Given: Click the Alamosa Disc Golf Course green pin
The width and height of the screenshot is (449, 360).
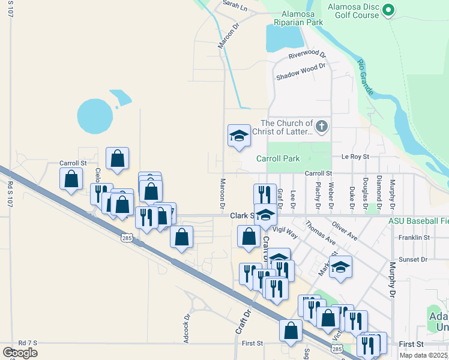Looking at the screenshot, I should [x=388, y=10].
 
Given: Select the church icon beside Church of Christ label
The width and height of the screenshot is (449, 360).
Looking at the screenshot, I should [x=322, y=126].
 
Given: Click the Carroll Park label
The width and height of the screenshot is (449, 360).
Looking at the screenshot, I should [x=278, y=159].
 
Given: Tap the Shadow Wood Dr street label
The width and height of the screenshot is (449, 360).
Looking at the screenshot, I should [x=300, y=73].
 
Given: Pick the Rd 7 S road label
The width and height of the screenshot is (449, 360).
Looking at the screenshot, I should [x=28, y=343].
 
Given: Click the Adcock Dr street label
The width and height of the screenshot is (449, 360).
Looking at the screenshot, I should [x=187, y=329].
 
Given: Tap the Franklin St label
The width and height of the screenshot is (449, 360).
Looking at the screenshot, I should [x=414, y=238].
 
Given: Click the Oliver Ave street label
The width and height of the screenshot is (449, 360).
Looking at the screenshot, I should [x=345, y=233].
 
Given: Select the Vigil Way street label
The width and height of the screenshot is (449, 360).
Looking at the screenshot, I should [x=285, y=230].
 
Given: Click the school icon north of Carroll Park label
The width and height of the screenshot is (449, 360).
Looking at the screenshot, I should [x=239, y=136].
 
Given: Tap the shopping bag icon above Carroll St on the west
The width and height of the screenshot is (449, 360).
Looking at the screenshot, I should [x=118, y=158].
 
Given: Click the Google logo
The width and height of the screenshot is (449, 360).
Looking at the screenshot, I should [x=20, y=352].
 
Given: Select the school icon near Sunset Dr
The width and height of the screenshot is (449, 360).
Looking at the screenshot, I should [x=340, y=267].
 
